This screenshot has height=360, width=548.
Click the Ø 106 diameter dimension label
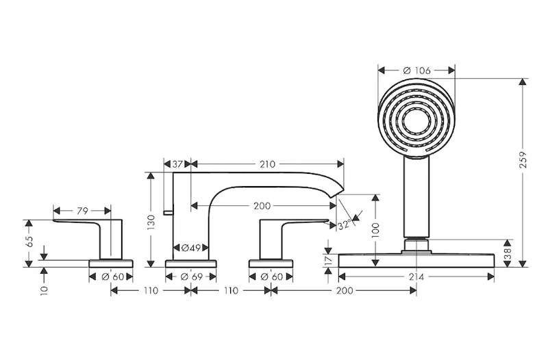pos(416,70)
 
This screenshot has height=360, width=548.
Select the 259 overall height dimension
pos(523,159)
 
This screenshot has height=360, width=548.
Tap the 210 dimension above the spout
pos(267,164)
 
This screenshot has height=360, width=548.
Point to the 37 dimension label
pos(178,164)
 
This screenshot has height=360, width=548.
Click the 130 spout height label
pos(151,222)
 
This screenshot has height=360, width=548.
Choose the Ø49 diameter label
pos(191,248)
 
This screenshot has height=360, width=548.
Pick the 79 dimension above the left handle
pos(82,211)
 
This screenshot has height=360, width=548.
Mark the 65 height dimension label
pos(29,242)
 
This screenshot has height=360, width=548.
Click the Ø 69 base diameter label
pos(192,277)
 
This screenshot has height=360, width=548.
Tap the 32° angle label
pos(345,225)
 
